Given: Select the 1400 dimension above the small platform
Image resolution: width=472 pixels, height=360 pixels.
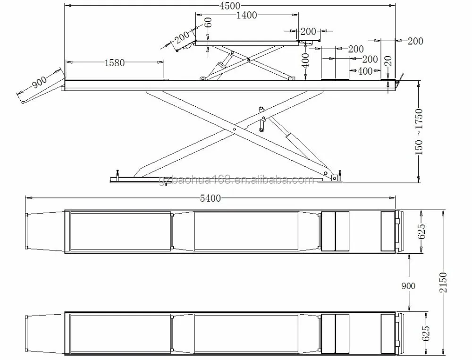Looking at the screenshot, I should pos(246,16).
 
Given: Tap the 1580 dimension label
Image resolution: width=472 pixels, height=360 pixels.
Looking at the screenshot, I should pos(114,62).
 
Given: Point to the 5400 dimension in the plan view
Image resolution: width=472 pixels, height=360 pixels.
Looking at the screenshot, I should pos(211,198).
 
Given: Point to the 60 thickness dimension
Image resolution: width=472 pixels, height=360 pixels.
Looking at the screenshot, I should pos(208,22).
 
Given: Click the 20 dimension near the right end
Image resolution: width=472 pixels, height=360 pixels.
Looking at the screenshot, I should pos(388,61).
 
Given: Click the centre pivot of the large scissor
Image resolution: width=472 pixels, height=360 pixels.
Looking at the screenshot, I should pos(235,128).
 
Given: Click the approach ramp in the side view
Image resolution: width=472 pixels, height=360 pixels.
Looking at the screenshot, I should pos(42,93).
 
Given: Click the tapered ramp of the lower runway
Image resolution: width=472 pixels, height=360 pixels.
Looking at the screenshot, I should pos(45,333).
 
